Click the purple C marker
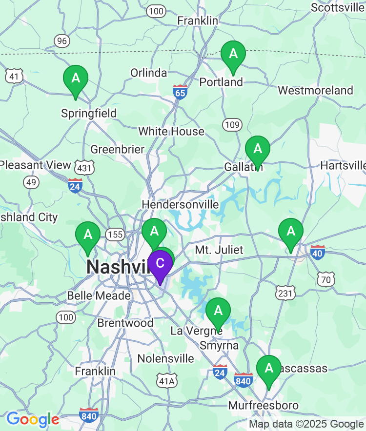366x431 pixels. click(x=160, y=263)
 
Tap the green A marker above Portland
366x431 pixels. click(x=233, y=54)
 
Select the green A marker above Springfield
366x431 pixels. click(x=76, y=78)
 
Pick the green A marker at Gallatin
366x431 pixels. click(x=257, y=148)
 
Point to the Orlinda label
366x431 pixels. click(x=148, y=73)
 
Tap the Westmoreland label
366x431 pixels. click(x=315, y=90)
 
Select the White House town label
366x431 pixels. click(x=171, y=131)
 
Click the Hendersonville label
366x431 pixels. click(x=180, y=204)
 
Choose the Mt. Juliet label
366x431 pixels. click(x=219, y=250)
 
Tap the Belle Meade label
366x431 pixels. click(x=99, y=295)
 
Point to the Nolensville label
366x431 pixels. click(x=165, y=358)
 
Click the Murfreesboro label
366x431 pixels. click(x=264, y=406)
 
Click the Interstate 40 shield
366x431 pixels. click(x=318, y=253)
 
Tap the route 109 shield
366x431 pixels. click(x=232, y=125)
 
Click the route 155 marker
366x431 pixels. click(x=116, y=235)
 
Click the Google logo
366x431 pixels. click(x=33, y=419)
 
